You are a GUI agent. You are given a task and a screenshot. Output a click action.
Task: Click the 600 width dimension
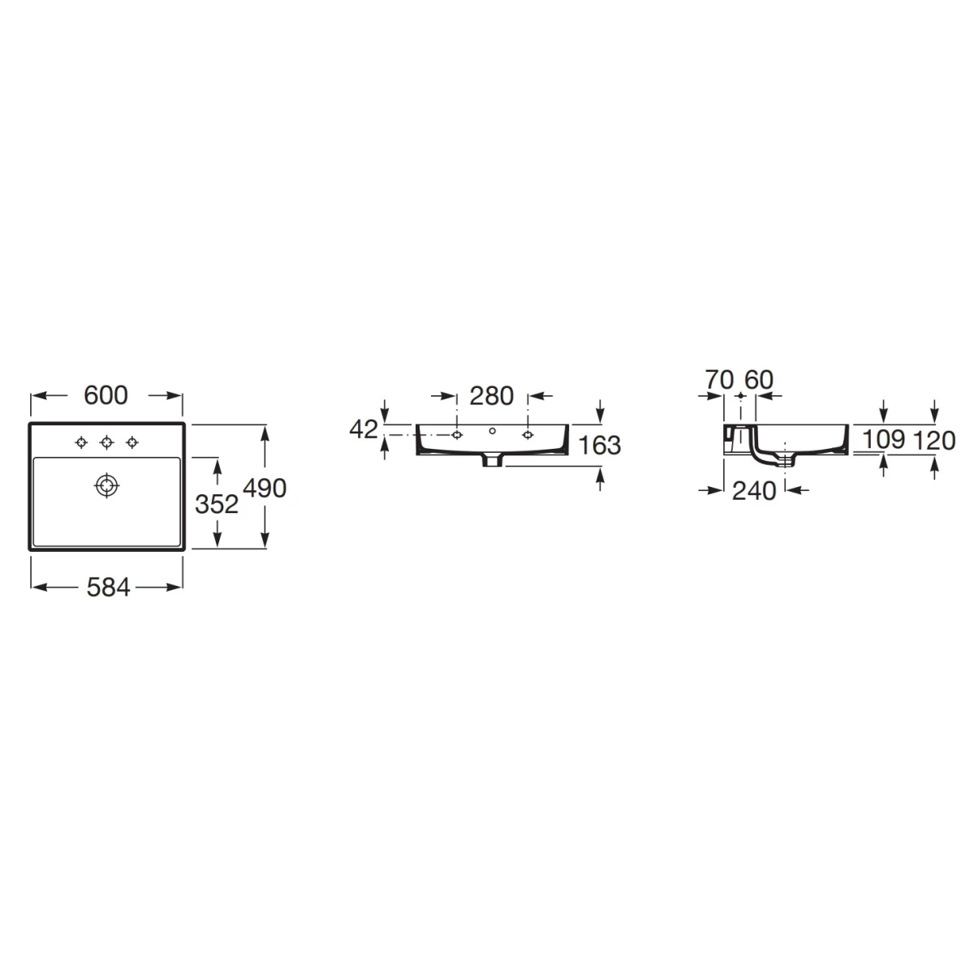click(x=106, y=395)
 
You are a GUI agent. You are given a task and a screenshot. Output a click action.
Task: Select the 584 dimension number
click(x=108, y=588)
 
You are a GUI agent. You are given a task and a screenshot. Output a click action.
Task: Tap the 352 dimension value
click(x=217, y=504)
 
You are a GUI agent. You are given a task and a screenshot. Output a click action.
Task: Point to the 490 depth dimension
click(x=265, y=489)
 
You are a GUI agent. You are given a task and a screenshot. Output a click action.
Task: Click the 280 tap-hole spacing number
click(x=491, y=396)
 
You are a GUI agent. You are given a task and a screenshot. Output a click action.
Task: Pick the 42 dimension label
click(x=364, y=429)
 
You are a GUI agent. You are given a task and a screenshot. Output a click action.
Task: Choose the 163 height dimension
click(x=599, y=446)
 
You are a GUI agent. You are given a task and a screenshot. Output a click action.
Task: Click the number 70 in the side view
click(x=719, y=380)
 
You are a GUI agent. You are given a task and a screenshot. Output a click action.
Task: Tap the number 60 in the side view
click(x=759, y=380)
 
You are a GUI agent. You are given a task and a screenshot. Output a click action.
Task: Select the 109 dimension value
click(x=883, y=439)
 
